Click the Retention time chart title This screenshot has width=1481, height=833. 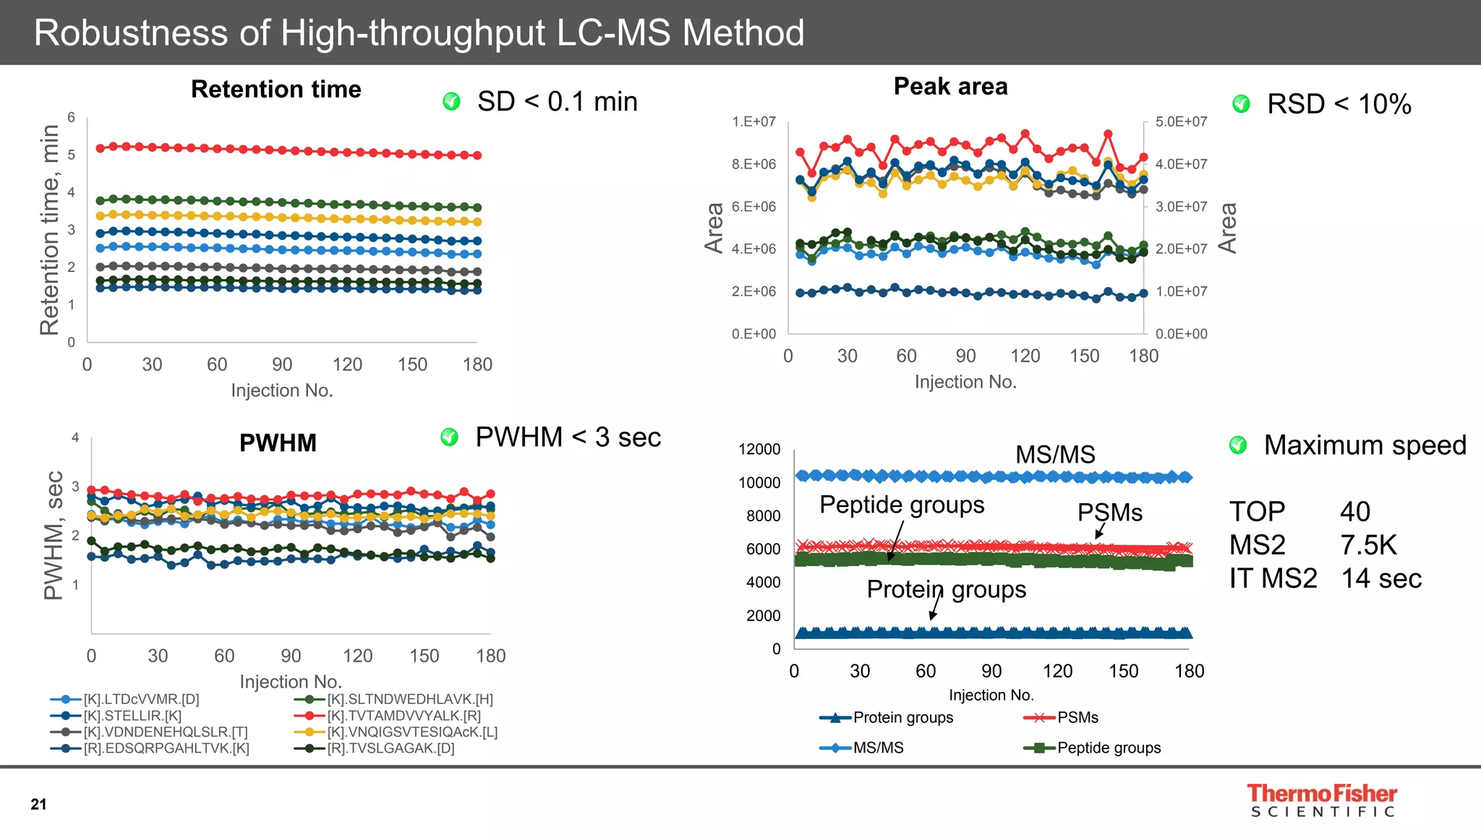point(276,90)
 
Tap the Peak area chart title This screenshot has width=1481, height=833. point(950,87)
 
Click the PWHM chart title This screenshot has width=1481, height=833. point(278,443)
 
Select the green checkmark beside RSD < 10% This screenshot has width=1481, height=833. point(1241,104)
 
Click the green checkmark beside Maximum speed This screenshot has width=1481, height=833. point(1238,445)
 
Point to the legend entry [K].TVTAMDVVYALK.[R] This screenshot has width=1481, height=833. point(404,716)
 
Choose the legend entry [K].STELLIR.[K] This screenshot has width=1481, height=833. point(132,716)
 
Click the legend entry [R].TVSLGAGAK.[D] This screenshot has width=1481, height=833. point(390,748)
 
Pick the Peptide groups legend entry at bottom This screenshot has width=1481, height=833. point(1109,748)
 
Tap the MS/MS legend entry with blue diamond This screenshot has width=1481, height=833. point(878,748)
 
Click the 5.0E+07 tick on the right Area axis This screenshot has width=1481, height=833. point(1181,121)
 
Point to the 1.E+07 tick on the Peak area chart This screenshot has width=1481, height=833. point(754,121)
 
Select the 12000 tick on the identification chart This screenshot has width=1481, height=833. point(759,449)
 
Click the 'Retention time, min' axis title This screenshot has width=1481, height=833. point(49,230)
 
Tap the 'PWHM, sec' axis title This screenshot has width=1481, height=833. point(54,535)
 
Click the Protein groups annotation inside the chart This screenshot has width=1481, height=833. point(946,589)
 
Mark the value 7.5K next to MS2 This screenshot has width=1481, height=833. point(1368,545)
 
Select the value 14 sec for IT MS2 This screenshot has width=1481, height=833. point(1381,578)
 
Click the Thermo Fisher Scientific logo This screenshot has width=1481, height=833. point(1322,800)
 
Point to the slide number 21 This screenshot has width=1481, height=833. point(38,804)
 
